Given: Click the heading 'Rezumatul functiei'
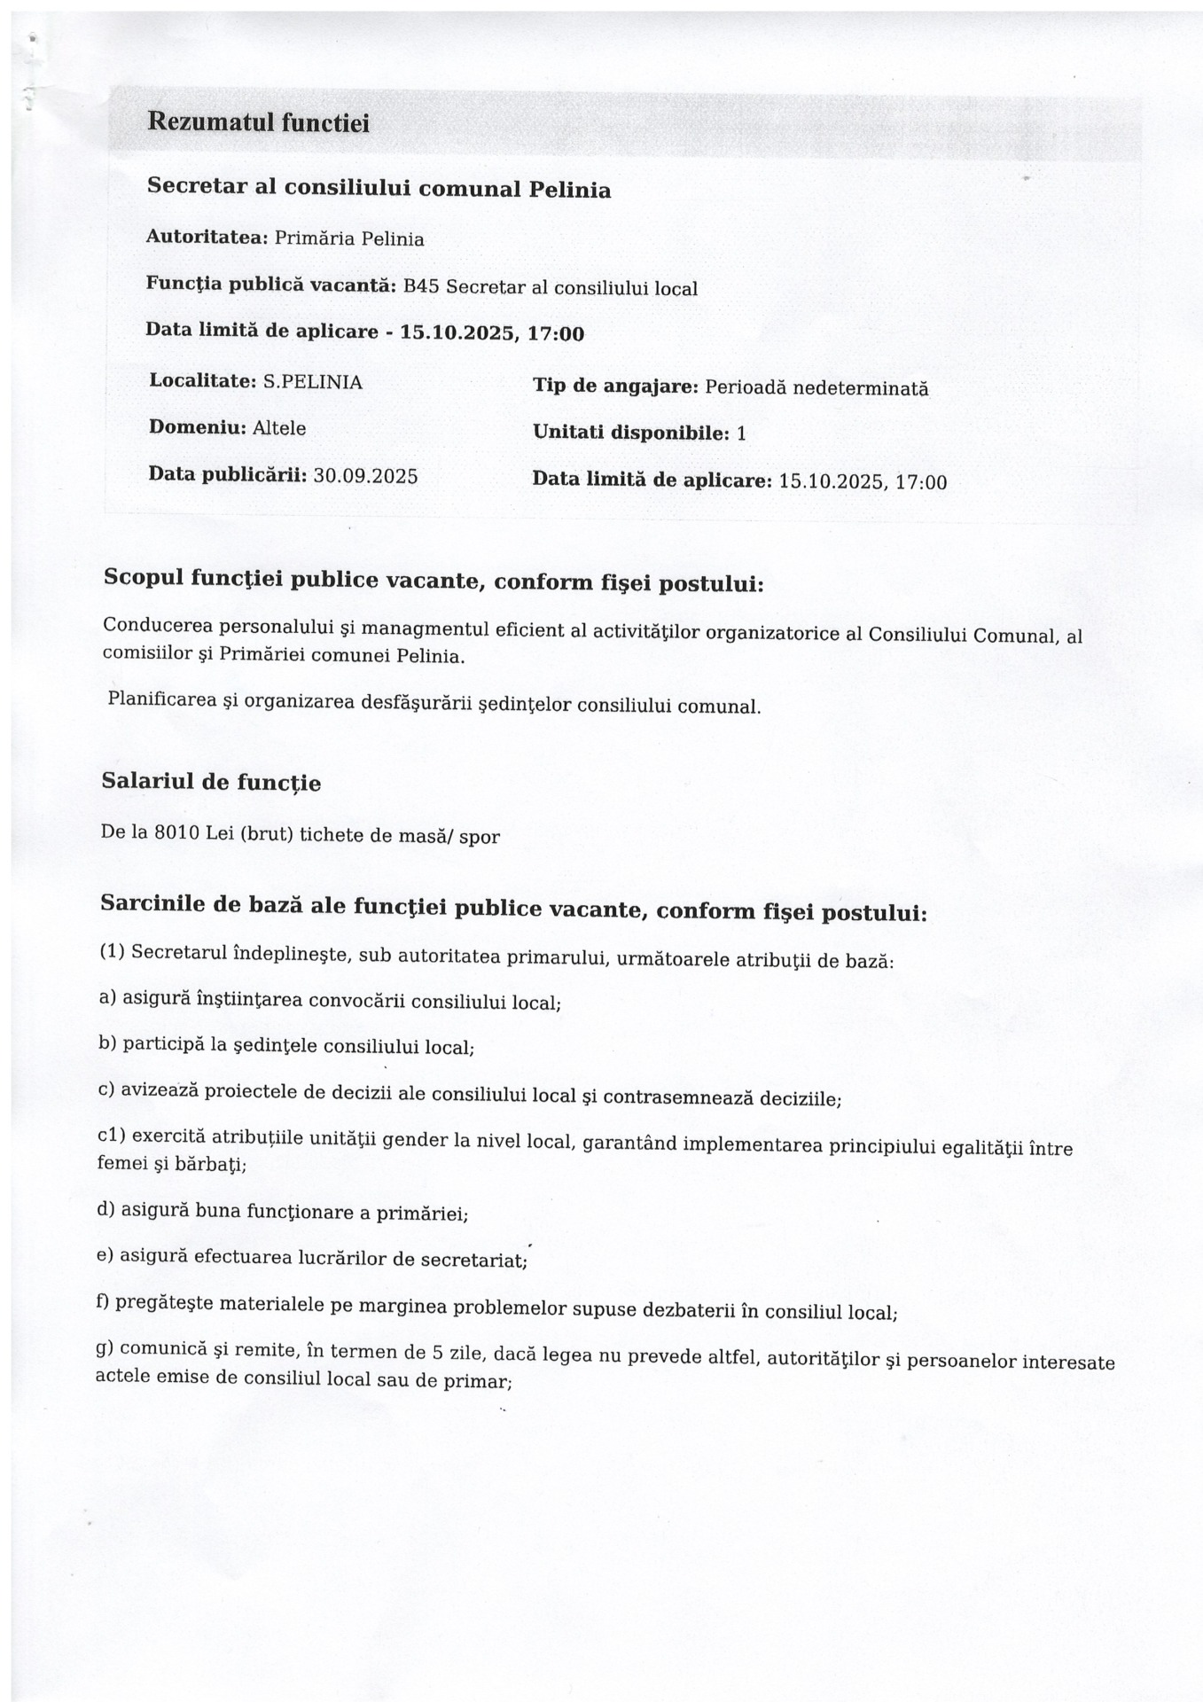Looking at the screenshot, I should (x=258, y=121).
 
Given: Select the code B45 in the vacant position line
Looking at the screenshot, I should (x=421, y=286).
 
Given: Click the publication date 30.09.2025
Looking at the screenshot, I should (x=366, y=475).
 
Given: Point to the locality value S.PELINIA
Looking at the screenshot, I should (x=313, y=382).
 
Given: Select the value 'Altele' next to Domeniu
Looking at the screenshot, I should (x=280, y=428).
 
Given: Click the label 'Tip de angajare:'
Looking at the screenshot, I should (x=616, y=386).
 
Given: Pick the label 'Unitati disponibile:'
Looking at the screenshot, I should (x=631, y=433).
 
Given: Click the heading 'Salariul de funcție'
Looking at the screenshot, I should (x=212, y=782).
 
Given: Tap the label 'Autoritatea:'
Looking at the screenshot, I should (x=207, y=238).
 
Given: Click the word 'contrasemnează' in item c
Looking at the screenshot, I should (x=676, y=1097).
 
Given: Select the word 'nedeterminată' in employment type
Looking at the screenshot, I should (x=860, y=388).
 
